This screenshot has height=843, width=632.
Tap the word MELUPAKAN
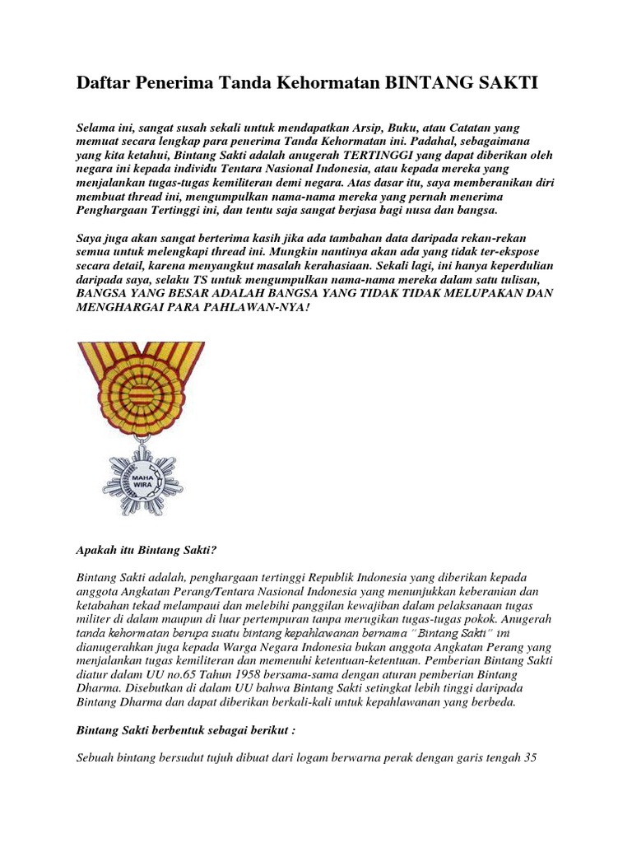click(x=478, y=293)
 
